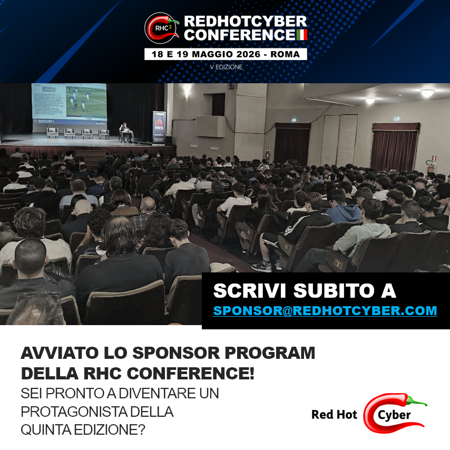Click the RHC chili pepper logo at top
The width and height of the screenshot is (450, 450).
(x=161, y=28)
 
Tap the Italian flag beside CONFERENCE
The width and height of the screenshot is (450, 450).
(x=301, y=35)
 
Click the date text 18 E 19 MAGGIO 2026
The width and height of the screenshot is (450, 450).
(x=206, y=54)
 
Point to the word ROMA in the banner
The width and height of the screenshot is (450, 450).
(x=285, y=54)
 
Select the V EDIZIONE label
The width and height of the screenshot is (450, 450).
(x=226, y=67)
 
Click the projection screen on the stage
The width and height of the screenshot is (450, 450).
(x=69, y=104)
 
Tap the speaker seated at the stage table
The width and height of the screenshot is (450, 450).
(x=125, y=131)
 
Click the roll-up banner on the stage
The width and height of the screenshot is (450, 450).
(x=159, y=127)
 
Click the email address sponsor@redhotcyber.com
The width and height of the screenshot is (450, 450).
(x=325, y=310)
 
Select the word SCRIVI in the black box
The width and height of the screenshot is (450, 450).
(x=249, y=291)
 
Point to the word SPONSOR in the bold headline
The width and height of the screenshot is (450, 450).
(x=176, y=353)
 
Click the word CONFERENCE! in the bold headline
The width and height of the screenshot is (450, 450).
(x=191, y=374)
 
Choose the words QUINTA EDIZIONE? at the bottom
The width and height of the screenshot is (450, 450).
(x=83, y=430)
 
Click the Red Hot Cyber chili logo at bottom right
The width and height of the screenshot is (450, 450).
(x=395, y=413)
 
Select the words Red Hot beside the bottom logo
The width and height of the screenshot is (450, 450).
(x=335, y=415)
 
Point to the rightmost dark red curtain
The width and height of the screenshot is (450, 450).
(x=395, y=147)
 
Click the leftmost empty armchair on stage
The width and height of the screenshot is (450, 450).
(x=53, y=133)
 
